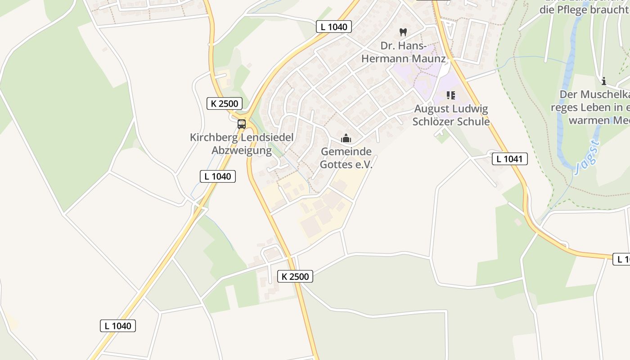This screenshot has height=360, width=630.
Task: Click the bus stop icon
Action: pos(242,124)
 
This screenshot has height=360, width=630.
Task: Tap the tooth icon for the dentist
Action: pos(403,32)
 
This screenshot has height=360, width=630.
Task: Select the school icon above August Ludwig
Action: pos(450,95)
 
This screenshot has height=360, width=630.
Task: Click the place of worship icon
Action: pos(346,138)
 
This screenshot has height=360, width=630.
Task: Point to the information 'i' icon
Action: pos(603,81)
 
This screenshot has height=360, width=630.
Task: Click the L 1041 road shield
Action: pos(509,159)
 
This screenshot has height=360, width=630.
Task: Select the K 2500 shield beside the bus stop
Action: pos(225,103)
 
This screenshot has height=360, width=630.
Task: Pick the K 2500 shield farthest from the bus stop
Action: pos(295,276)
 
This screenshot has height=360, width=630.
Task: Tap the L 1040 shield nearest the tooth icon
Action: pos(333,27)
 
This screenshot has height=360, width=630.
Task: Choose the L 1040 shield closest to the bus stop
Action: pos(218,176)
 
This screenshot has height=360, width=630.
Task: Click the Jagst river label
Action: pos(587,156)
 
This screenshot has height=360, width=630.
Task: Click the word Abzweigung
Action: pos(242,150)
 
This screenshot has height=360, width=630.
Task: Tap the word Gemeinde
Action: pos(346,152)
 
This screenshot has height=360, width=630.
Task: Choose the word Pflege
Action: pos(569,9)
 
